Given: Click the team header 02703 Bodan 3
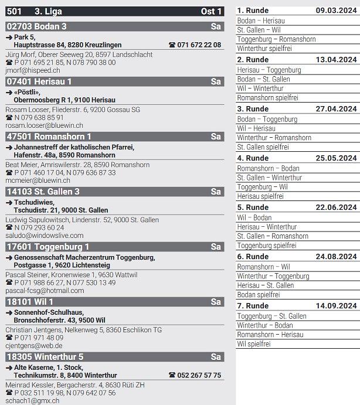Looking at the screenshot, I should click(x=36, y=26).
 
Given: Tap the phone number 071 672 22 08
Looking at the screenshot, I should click(x=199, y=45).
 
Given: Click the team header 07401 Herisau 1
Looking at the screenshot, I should click(x=39, y=81).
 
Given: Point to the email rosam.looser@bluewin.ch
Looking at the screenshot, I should click(x=44, y=125).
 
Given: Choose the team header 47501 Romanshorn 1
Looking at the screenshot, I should click(x=46, y=137).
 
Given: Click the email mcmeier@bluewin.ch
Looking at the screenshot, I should click(x=38, y=181).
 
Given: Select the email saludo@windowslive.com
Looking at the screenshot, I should click(x=44, y=236).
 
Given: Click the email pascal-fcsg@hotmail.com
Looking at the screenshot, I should click(x=45, y=291).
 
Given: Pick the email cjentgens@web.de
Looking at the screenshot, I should click(x=34, y=346).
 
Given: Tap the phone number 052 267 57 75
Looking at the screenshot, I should click(x=199, y=376).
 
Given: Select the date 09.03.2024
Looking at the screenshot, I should click(x=336, y=11).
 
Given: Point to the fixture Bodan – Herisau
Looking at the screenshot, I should click(x=261, y=21).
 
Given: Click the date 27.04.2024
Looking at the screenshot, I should click(x=336, y=109).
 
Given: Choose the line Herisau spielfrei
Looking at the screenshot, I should click(x=260, y=196).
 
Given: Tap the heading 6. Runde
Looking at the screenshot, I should click(x=253, y=257).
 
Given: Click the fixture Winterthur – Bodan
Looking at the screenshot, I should click(x=264, y=325).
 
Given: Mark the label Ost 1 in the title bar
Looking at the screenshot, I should click(x=211, y=12).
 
